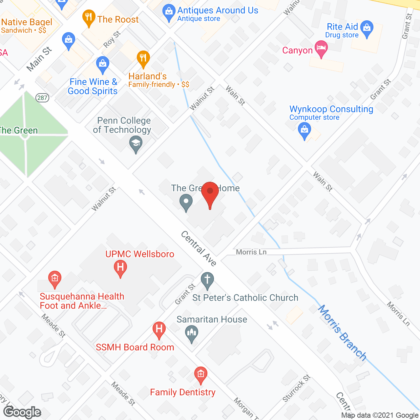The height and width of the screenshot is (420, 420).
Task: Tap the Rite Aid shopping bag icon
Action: coord(367,28)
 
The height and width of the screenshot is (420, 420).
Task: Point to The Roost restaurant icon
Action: coord(89,18)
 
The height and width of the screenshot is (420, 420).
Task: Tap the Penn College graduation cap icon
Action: coord(136,144)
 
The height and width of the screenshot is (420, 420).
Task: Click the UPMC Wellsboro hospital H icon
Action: coord(120,268)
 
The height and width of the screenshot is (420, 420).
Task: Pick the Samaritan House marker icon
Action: coord(192,333)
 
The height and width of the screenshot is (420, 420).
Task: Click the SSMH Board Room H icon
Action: coord(159,329)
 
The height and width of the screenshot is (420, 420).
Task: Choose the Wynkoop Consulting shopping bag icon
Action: coord(304,131)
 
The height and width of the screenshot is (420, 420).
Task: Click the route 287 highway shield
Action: coord(43,97)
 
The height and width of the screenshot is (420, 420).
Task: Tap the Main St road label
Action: coord(39,59)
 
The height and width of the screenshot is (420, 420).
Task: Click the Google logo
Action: coord(22,412)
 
